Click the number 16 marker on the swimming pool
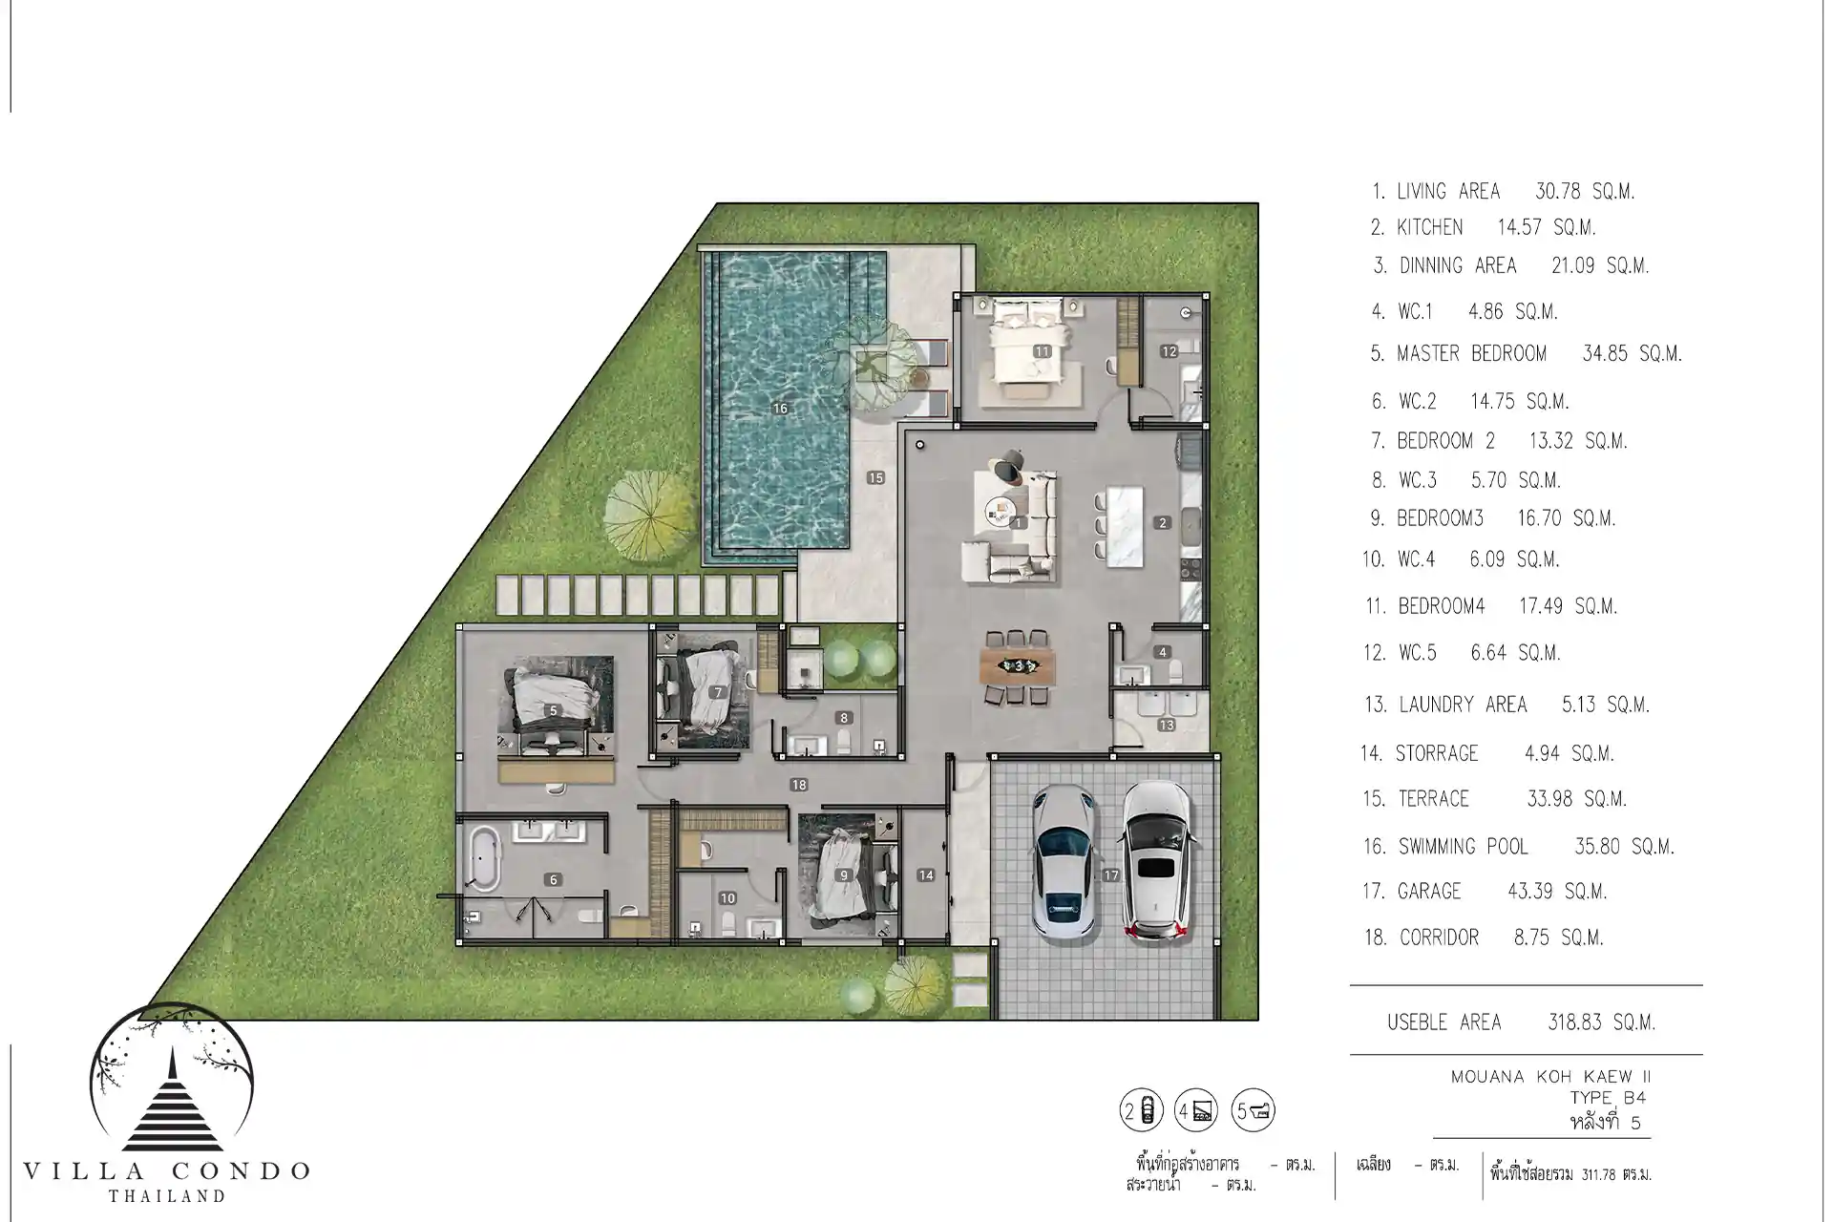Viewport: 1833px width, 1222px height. [780, 409]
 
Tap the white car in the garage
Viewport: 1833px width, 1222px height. [1156, 862]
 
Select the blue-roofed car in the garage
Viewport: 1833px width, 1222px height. [1064, 862]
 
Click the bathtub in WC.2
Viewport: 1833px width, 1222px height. [484, 858]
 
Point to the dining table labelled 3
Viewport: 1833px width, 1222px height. [1019, 665]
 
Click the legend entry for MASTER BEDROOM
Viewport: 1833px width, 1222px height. [1526, 354]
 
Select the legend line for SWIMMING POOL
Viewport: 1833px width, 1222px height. [1518, 847]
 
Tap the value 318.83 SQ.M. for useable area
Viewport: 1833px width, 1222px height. [1601, 1022]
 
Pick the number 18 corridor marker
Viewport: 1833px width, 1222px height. [799, 785]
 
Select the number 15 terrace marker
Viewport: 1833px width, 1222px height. [875, 477]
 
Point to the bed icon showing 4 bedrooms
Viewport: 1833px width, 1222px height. [1197, 1110]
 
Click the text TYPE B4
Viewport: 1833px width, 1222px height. [1609, 1098]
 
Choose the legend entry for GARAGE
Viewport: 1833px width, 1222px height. [1485, 892]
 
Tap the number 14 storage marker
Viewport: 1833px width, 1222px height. [925, 875]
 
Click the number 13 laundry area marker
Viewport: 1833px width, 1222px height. [1166, 726]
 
